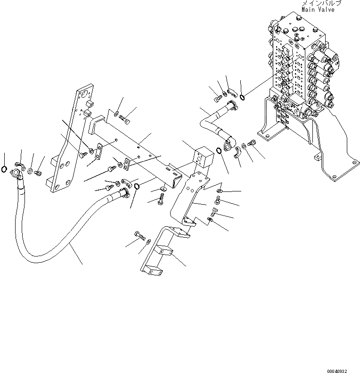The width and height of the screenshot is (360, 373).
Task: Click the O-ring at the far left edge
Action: (x=4, y=170)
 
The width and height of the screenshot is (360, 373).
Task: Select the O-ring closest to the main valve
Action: (x=241, y=98)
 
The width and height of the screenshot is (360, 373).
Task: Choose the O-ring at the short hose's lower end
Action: (x=220, y=151)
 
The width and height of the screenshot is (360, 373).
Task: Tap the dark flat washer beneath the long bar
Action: (x=163, y=190)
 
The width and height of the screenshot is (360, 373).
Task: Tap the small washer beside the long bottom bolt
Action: (x=149, y=242)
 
